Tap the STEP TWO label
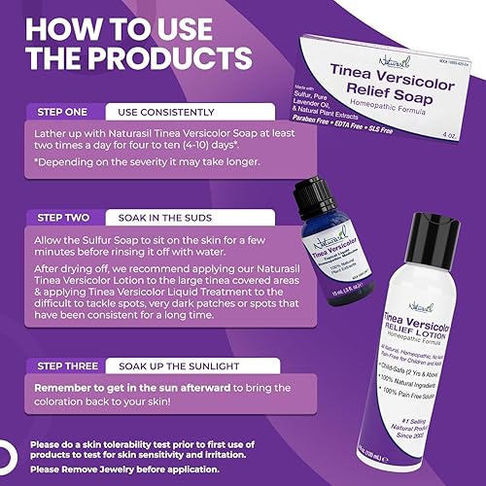pos(65,215)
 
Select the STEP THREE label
pos(70,365)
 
